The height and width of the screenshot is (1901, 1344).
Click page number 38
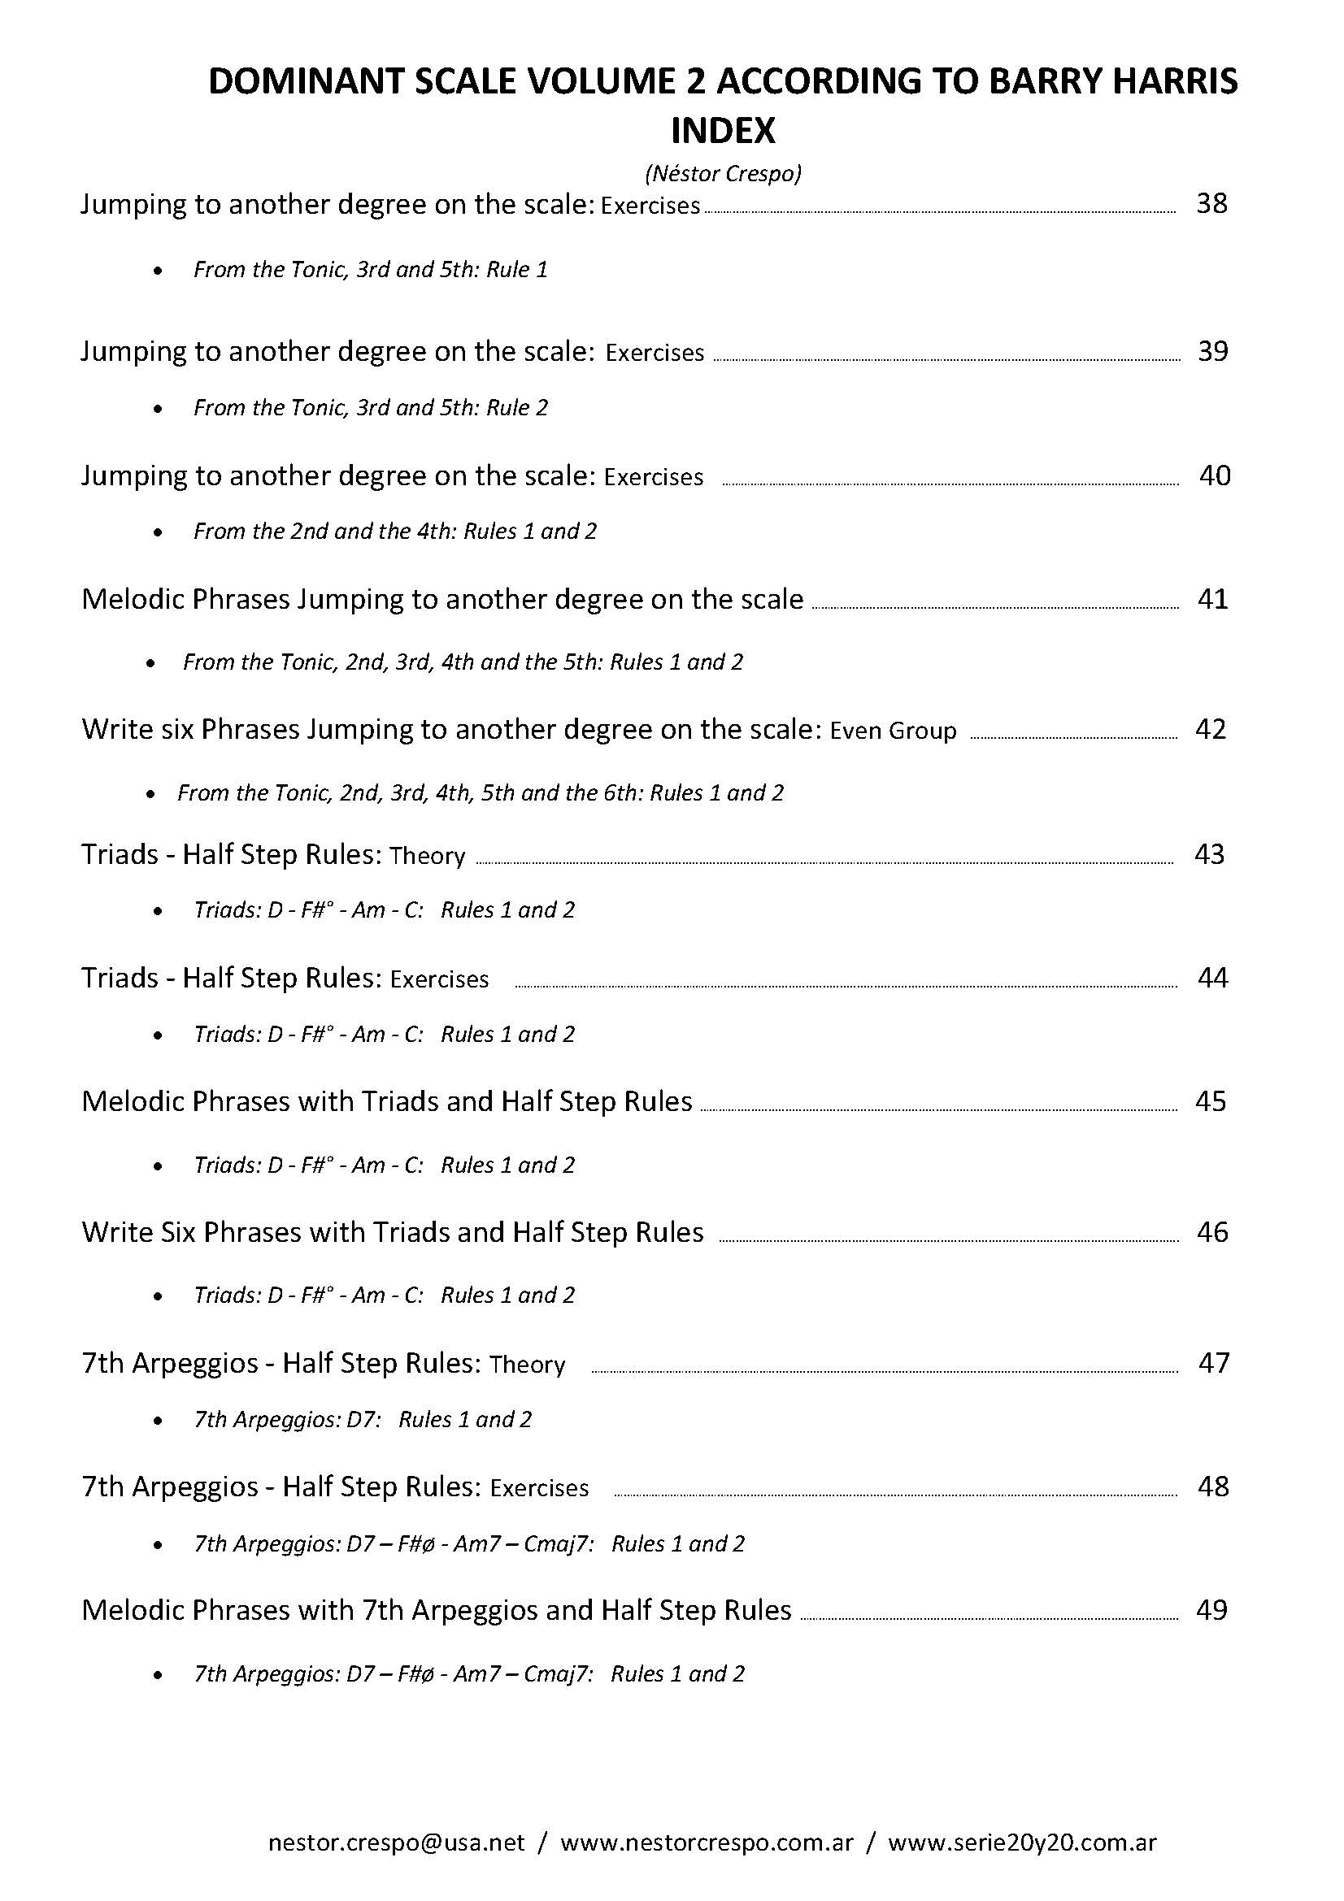(1211, 204)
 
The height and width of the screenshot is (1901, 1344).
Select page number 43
(1209, 854)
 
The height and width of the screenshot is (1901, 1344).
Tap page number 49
(1211, 1609)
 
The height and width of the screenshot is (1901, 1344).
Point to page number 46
(1212, 1232)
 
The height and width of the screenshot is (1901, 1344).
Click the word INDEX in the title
(722, 130)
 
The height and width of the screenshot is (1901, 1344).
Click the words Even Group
(893, 731)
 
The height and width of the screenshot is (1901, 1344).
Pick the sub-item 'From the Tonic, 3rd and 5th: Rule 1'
(370, 270)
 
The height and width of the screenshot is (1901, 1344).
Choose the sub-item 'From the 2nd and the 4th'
(395, 532)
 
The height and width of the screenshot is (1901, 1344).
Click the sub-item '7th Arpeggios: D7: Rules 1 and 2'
(362, 1420)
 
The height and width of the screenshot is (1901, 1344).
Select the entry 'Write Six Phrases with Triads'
(393, 1232)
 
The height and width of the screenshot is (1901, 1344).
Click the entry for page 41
(442, 600)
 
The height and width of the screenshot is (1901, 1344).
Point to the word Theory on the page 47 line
(527, 1365)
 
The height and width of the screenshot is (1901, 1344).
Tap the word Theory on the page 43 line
(428, 856)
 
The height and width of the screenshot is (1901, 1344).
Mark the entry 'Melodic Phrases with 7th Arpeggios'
(437, 1609)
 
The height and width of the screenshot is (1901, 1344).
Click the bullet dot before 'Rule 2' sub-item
(159, 409)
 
